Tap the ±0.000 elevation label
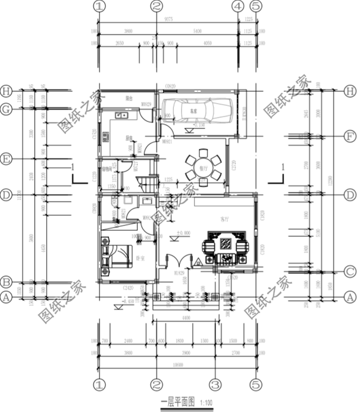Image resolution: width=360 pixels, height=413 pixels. pyautogui.click(x=183, y=233)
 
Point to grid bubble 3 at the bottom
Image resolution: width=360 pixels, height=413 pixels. pyautogui.click(x=215, y=384)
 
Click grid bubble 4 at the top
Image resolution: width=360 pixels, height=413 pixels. pyautogui.click(x=238, y=7)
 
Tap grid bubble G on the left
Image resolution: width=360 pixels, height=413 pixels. pyautogui.click(x=7, y=110)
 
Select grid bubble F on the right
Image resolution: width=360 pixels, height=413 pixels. pyautogui.click(x=350, y=135)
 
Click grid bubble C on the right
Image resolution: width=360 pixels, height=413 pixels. pyautogui.click(x=350, y=271)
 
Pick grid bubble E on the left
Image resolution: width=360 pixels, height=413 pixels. pyautogui.click(x=7, y=159)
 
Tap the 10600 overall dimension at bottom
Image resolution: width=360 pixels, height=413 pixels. pyautogui.click(x=177, y=364)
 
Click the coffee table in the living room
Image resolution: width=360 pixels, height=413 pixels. pyautogui.click(x=226, y=246)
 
